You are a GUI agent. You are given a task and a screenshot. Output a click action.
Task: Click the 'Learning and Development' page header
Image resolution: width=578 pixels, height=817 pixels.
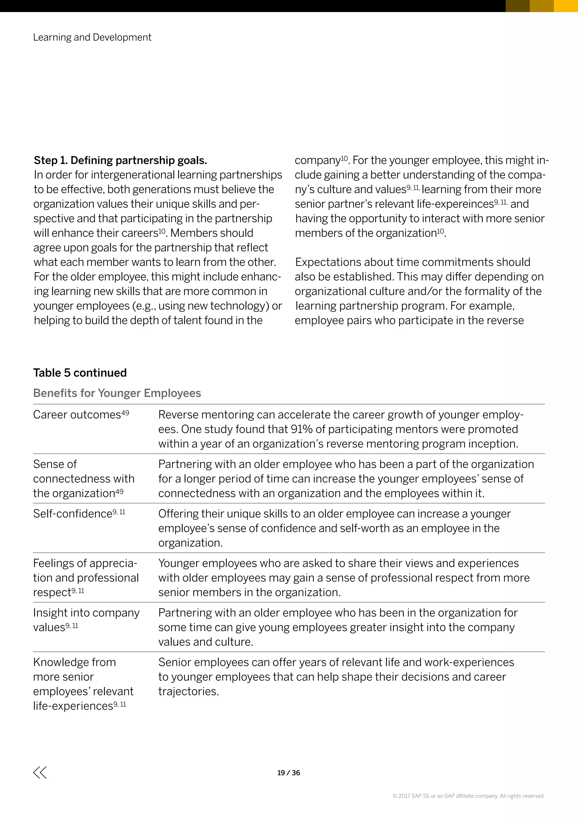92,37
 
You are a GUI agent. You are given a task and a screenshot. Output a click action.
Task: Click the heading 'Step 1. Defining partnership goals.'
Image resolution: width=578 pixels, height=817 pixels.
120,161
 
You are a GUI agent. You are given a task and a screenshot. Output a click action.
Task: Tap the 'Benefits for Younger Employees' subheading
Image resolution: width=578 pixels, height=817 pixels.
117,393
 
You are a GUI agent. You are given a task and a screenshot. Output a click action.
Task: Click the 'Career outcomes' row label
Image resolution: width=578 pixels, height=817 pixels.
77,415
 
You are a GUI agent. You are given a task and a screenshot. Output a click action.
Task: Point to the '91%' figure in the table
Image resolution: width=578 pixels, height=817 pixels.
301,429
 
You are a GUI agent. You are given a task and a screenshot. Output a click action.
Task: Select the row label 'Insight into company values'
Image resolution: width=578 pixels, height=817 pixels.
86,620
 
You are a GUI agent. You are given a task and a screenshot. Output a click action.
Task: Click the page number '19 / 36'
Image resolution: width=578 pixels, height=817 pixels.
289,773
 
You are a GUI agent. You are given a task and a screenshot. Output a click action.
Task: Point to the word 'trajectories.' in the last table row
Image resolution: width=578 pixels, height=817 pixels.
188,691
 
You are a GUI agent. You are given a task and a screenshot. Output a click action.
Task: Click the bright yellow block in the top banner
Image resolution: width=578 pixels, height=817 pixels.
566,6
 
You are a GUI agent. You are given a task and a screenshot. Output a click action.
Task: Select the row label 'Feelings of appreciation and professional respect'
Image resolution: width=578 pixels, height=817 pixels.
86,578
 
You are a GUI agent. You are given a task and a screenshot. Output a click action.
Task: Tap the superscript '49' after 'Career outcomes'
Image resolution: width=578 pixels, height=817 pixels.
125,413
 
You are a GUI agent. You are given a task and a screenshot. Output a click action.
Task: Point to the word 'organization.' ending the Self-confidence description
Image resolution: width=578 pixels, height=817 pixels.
191,543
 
